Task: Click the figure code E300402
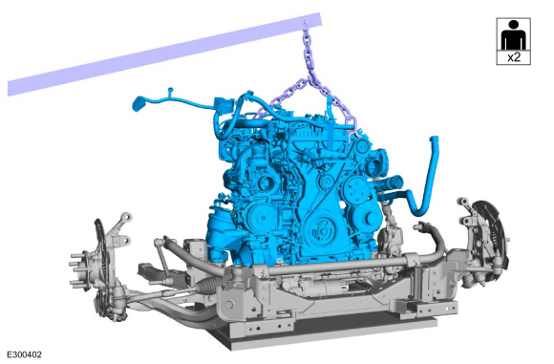tap(25, 354)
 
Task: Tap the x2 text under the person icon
tap(514, 57)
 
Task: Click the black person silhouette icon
tap(514, 34)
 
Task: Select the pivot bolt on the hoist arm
tap(307, 22)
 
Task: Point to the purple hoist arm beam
tap(164, 54)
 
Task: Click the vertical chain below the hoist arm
tap(309, 52)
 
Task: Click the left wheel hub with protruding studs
tap(84, 269)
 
